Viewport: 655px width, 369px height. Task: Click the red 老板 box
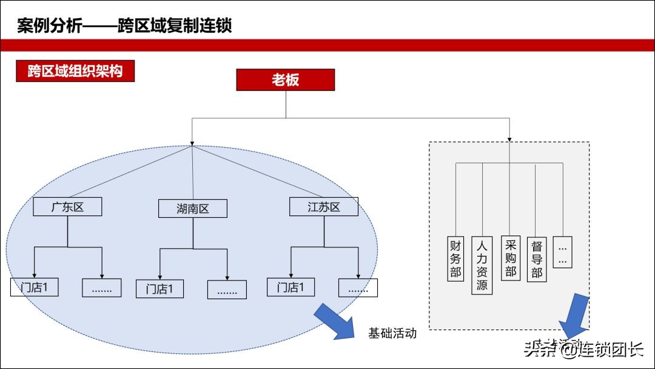(285, 80)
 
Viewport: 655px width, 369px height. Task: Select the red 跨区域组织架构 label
(75, 71)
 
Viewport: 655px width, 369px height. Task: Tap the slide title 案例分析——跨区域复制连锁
(124, 26)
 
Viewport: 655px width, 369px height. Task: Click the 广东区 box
(67, 207)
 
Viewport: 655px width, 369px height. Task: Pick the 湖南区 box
(193, 209)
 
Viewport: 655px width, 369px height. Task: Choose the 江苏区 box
(323, 207)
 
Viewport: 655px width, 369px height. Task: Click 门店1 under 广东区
(35, 287)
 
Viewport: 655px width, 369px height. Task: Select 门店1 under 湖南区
(160, 289)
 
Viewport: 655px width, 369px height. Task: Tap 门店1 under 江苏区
(291, 287)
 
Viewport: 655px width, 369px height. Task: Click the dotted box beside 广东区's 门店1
(101, 288)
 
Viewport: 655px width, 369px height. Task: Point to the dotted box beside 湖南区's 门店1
(227, 289)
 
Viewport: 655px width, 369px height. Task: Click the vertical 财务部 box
(455, 259)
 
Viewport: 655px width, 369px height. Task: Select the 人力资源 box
(482, 265)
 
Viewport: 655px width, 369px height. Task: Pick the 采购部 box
(510, 258)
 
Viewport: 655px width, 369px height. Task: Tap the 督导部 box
(536, 259)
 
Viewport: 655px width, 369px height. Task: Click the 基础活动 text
(392, 333)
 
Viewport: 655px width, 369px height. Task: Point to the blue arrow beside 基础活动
(335, 320)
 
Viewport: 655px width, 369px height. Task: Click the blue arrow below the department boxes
(573, 318)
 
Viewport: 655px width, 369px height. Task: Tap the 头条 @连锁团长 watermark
(583, 350)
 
